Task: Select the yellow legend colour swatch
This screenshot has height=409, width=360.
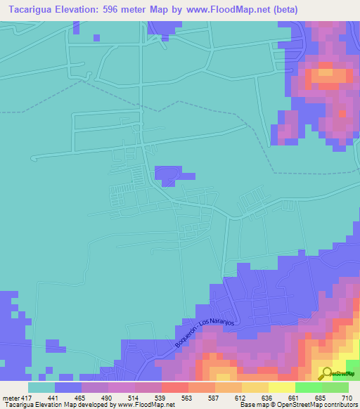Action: (x=281, y=387)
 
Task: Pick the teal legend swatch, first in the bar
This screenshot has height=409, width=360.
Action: (x=41, y=387)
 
